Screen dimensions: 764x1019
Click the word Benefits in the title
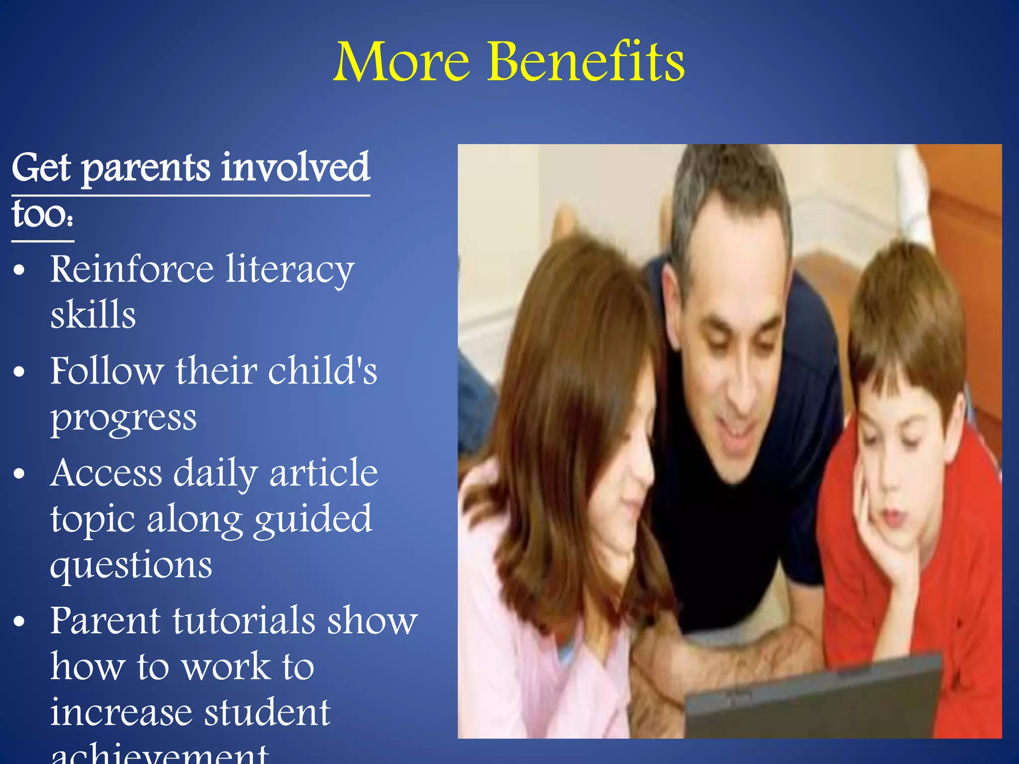pyautogui.click(x=586, y=62)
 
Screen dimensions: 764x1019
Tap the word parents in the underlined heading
pyautogui.click(x=146, y=169)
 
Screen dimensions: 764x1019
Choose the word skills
pyautogui.click(x=93, y=315)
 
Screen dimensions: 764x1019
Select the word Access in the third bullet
pyautogui.click(x=106, y=473)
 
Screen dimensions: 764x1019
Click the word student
pyautogui.click(x=268, y=712)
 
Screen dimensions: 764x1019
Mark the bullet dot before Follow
pyautogui.click(x=19, y=372)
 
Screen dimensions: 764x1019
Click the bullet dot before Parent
pyautogui.click(x=19, y=622)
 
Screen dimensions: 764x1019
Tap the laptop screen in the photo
pyautogui.click(x=811, y=701)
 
